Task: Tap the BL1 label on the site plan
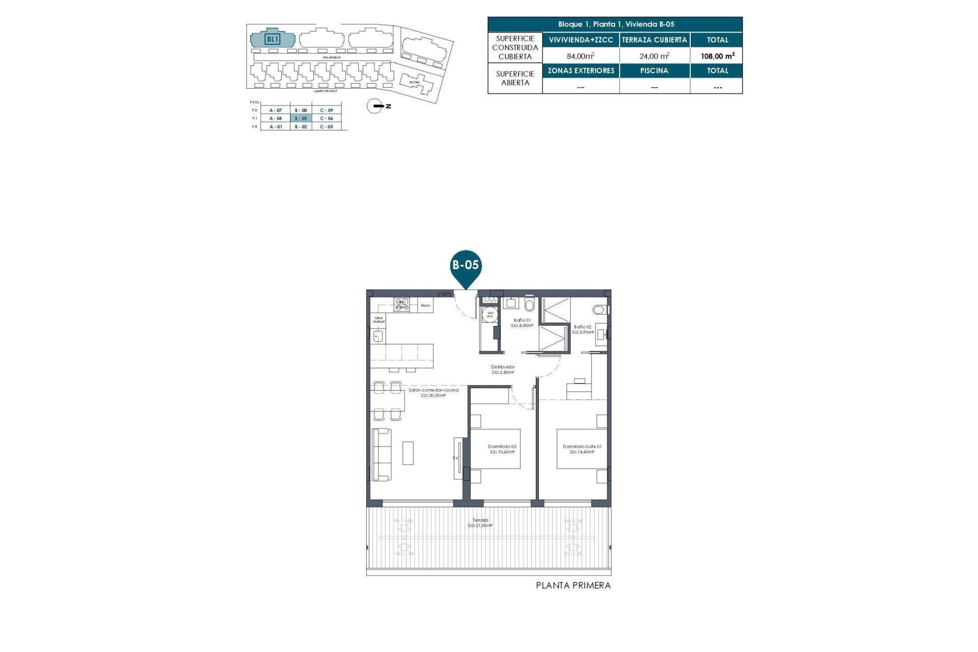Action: tap(273, 39)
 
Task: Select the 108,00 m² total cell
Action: tap(717, 56)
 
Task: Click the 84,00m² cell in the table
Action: tap(581, 56)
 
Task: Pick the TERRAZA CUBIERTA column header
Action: tap(654, 40)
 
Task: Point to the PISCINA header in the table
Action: tap(654, 71)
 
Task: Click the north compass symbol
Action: tap(375, 106)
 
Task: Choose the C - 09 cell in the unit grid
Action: tap(327, 110)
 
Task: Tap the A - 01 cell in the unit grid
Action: tap(276, 126)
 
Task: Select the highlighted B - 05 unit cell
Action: tap(301, 118)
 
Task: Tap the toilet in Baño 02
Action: tap(600, 310)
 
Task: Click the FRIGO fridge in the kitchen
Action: tap(425, 306)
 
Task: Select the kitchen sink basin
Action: tap(378, 336)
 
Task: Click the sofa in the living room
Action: tap(382, 454)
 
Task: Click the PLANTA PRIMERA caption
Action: tap(573, 586)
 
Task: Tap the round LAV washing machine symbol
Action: tap(490, 314)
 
